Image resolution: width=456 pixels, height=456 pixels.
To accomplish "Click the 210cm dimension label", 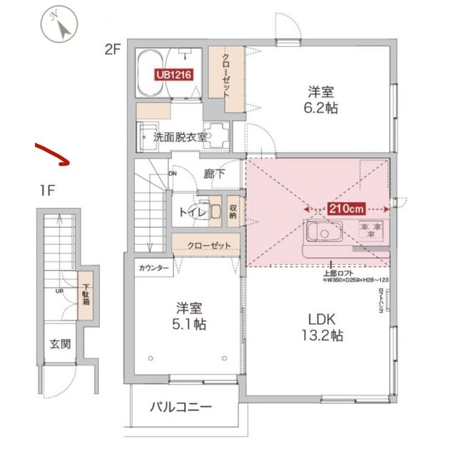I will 347,209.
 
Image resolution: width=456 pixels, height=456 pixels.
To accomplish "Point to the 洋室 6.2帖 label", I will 323,100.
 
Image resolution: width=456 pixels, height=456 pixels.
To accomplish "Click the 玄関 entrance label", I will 60,344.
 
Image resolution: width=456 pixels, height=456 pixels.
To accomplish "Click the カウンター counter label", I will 154,268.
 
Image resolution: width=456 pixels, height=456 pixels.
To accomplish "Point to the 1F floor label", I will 47,190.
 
